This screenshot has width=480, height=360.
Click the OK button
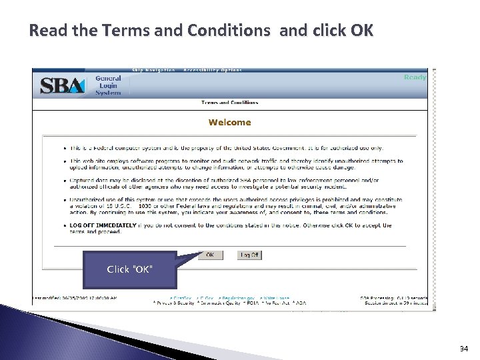pos(210,255)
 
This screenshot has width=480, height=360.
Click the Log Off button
pos(249,255)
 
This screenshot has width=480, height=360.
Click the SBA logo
pos(62,85)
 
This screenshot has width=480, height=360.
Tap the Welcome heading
pos(229,122)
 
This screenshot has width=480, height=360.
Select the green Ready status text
pos(415,77)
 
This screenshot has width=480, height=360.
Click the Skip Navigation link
pos(153,70)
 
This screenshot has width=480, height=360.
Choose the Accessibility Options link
pos(213,70)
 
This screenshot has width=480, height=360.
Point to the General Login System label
pos(107,85)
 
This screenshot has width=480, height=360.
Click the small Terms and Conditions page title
pos(229,103)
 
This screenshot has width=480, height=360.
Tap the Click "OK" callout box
pos(130,269)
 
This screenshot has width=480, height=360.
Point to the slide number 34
pos(463,349)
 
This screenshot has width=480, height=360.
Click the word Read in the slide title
pos(46,31)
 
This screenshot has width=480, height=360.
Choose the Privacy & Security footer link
pos(173,303)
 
